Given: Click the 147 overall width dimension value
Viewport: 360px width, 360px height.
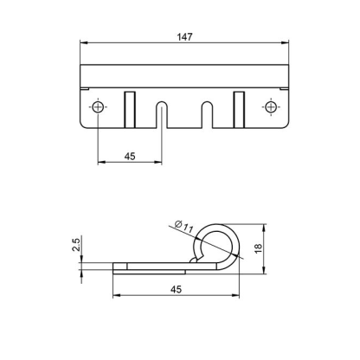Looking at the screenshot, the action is [x=184, y=37].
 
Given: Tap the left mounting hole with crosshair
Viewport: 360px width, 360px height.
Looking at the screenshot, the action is [x=98, y=106].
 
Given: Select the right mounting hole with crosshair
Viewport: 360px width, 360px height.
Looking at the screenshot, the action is [x=271, y=106].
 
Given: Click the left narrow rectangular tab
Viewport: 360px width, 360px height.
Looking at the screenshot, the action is [x=130, y=110].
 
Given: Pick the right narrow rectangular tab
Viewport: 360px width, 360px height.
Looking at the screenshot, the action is [x=239, y=110].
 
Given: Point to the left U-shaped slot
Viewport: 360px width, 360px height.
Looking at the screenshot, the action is [x=162, y=114].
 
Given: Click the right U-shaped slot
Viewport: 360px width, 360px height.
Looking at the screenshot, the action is [x=207, y=114].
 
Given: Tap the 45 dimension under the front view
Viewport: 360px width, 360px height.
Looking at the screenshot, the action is [x=130, y=157].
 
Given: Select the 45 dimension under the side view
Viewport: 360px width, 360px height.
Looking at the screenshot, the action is [x=176, y=289].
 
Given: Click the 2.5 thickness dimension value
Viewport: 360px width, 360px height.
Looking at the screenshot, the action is [x=76, y=245].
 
